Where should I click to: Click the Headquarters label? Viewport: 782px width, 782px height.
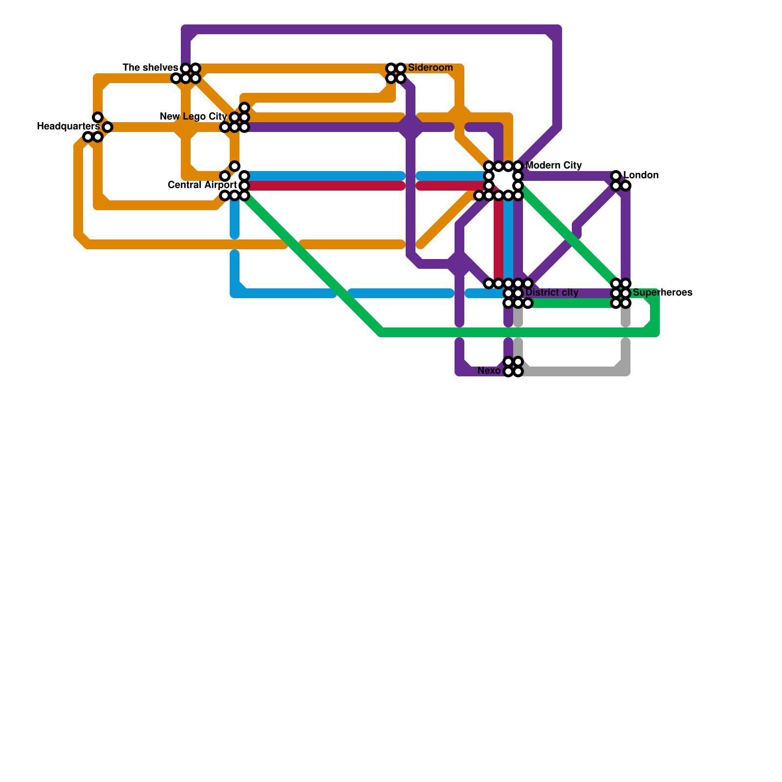pos(68,127)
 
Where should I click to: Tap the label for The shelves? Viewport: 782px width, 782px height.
pos(150,67)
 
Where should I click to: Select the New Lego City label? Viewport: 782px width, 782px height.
pos(193,117)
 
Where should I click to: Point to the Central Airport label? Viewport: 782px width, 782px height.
pos(202,185)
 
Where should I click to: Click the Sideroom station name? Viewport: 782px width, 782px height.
pos(430,67)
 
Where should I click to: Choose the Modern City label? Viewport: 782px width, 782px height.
pos(554,165)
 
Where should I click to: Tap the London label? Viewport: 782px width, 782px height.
pos(641,175)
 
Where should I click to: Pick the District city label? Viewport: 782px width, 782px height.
pos(552,293)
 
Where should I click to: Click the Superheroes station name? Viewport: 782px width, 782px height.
pos(662,293)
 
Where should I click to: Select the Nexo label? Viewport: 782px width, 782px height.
pos(489,370)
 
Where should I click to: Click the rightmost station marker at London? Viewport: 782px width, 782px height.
pos(626,186)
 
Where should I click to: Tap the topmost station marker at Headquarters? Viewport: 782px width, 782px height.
pos(98,117)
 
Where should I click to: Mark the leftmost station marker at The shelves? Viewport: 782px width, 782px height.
pos(176,78)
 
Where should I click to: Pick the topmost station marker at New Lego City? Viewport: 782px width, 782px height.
pos(244,108)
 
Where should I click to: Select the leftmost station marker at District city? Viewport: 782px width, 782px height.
pos(489,283)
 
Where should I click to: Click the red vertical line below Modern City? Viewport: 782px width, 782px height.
pos(498,239)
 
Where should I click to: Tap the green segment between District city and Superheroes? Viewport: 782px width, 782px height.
pos(572,303)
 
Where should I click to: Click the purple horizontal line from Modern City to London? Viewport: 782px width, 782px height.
pos(567,176)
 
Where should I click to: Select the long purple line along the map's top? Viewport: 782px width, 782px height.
pos(371,29)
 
